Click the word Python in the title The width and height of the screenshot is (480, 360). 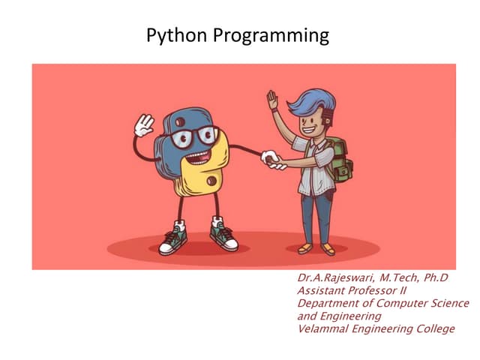[172, 35]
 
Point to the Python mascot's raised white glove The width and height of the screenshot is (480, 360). [143, 124]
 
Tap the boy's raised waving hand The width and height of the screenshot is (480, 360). [272, 99]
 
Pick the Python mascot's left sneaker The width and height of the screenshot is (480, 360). [173, 239]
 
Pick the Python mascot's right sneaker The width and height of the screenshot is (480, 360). [222, 235]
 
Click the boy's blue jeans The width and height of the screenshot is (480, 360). [315, 214]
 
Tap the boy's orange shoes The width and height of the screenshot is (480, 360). [316, 248]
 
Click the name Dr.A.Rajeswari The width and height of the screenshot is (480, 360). [337, 278]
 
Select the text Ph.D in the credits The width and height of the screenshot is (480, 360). [434, 278]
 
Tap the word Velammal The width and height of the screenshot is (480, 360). [325, 329]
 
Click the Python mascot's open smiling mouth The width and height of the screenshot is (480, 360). [199, 156]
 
